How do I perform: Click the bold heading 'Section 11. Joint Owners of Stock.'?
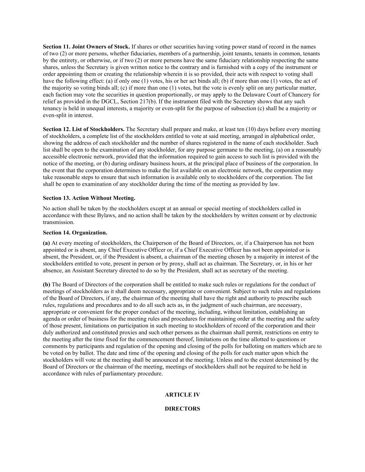coord(86,47)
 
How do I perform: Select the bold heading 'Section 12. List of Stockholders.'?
coord(84,129)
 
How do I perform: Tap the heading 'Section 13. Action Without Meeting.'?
coord(89,198)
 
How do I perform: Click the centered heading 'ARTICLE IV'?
coord(182,395)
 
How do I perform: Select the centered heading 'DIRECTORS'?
coord(182,409)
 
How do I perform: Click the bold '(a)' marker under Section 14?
coord(46,243)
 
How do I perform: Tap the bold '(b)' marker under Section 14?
coord(46,285)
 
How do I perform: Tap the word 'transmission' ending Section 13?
coord(58,222)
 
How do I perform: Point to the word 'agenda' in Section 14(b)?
coord(51,319)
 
